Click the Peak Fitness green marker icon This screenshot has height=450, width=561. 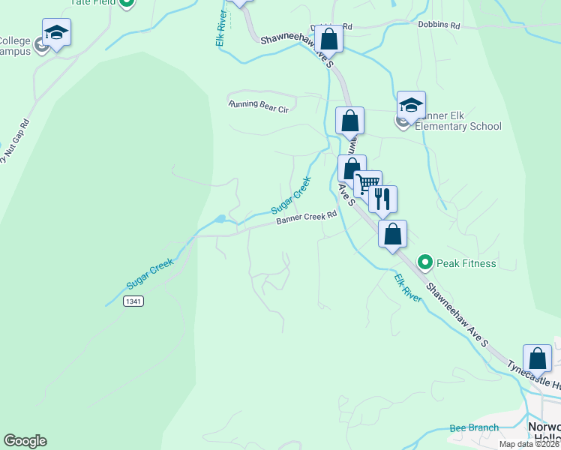point(425,262)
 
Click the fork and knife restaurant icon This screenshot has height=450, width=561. point(382,199)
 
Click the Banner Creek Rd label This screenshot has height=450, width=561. point(306,217)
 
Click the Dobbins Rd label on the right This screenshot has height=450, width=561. point(438,25)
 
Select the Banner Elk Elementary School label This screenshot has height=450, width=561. point(457,121)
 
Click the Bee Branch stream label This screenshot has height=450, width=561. point(474,428)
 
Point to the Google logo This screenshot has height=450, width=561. point(25,441)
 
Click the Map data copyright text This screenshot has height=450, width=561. point(529,444)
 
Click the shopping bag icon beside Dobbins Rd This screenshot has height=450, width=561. point(328,37)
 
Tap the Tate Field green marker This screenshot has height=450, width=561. point(127,2)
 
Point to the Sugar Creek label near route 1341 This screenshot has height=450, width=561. point(150,274)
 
